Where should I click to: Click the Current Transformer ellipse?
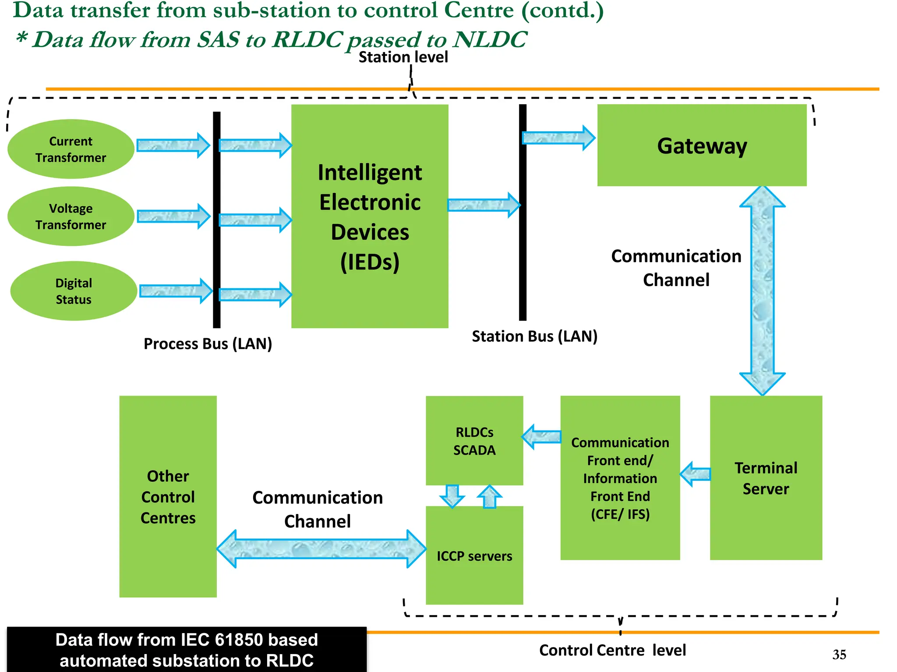click(71, 149)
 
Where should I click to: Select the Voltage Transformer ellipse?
click(71, 217)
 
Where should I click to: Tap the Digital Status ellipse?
click(73, 291)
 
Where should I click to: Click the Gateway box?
click(702, 145)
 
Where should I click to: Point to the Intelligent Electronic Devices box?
click(370, 216)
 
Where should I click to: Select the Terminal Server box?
click(766, 478)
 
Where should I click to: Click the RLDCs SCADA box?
click(474, 441)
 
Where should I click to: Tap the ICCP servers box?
click(474, 556)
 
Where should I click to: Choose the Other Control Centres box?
click(168, 497)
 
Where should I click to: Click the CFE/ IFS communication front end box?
click(620, 478)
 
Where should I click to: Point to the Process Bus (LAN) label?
click(208, 344)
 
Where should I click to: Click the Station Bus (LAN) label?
click(534, 336)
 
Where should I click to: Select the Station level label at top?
click(403, 57)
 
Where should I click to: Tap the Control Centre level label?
click(612, 650)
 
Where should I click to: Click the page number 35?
click(839, 654)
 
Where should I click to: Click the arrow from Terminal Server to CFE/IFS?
click(695, 474)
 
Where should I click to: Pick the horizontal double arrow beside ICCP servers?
click(321, 549)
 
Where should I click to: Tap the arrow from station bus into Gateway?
click(558, 138)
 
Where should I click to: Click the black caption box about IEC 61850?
click(187, 650)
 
